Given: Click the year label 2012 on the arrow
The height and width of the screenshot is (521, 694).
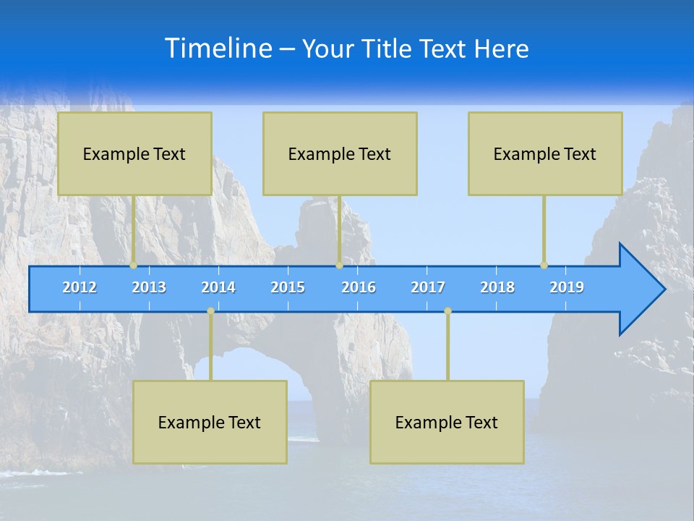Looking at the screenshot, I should (x=80, y=287).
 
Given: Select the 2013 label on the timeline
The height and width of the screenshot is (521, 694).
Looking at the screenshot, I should (x=149, y=287).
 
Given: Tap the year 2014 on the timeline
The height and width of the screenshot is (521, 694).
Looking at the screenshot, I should (x=218, y=287).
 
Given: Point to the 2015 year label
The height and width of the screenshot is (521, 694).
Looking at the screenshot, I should (x=288, y=287).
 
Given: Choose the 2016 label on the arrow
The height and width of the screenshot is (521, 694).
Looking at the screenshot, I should (x=359, y=287).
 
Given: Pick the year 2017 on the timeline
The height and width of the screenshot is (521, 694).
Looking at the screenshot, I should (x=428, y=287).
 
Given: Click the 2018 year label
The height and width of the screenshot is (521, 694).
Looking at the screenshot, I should (x=497, y=287).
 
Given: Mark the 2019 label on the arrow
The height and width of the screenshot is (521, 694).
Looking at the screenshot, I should (x=567, y=287).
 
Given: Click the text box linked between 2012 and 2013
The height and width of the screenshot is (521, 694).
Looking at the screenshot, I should (x=134, y=153).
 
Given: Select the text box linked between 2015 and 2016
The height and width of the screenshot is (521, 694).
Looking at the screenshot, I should (x=340, y=153).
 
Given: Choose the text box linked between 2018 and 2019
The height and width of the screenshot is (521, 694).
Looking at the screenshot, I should (x=545, y=153).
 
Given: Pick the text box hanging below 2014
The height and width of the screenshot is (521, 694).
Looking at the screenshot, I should (x=210, y=422).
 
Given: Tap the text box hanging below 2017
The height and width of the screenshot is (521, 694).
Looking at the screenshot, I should (x=447, y=422).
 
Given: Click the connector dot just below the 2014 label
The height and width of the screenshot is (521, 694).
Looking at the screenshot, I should (x=210, y=310).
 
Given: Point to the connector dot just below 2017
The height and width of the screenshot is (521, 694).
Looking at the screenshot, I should (x=447, y=310).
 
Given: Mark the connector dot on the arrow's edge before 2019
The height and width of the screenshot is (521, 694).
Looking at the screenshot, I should (x=544, y=265).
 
